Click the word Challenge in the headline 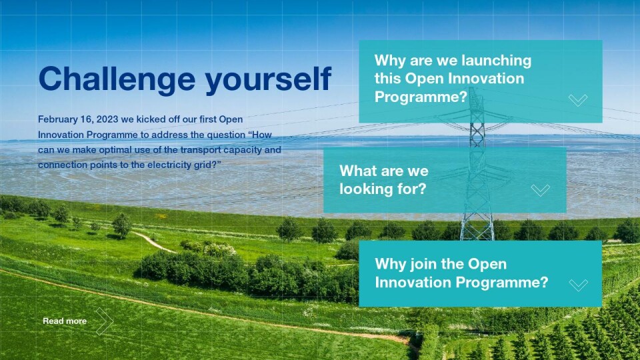point(117,79)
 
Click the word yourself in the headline point(268,79)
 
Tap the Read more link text point(65,321)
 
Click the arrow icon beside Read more point(105,321)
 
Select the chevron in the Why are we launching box point(578,100)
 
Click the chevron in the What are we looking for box point(541,190)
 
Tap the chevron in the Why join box point(579,285)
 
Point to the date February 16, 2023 point(78,119)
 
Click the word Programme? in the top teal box point(421,97)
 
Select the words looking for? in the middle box point(383,189)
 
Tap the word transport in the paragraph point(201,150)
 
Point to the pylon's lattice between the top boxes point(477,135)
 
